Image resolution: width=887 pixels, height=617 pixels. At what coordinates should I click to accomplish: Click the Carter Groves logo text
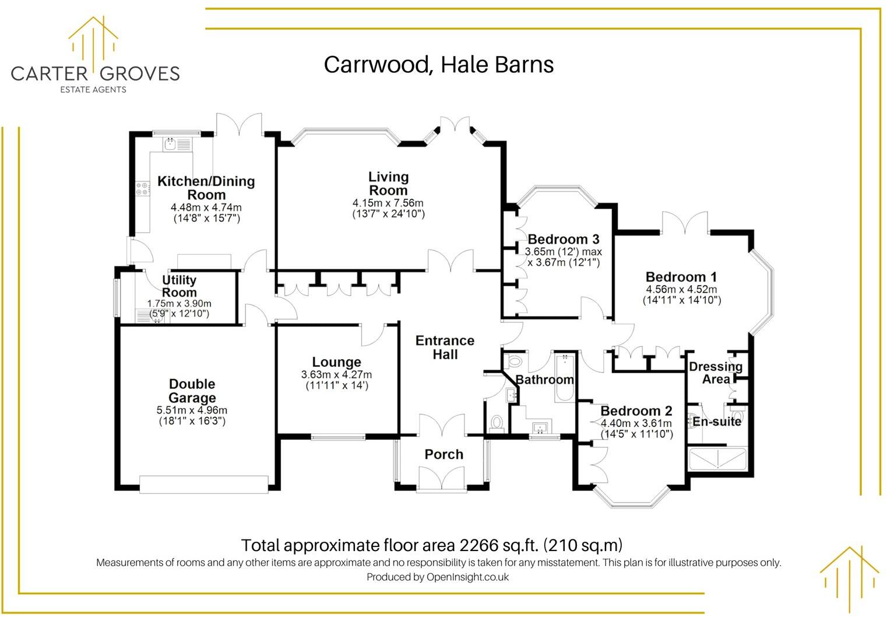tap(95, 73)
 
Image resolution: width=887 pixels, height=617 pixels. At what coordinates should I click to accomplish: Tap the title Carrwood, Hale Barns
tap(438, 64)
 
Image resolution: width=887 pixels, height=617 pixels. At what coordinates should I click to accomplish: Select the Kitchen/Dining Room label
tap(206, 188)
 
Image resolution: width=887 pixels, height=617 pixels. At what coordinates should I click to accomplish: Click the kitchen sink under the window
tap(171, 143)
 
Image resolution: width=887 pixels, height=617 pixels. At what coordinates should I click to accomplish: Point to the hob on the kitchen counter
tap(142, 188)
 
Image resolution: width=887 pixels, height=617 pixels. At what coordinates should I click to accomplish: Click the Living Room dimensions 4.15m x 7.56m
tap(388, 203)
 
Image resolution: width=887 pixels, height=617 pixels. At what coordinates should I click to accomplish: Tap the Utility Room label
tap(179, 286)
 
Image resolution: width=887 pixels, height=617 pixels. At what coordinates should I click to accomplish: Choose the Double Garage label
tap(192, 391)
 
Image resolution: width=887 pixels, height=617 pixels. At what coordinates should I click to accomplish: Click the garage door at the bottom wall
tap(204, 484)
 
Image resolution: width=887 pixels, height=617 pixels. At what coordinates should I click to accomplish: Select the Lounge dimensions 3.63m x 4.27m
tap(336, 374)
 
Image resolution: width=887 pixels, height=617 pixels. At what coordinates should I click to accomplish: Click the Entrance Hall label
tap(445, 348)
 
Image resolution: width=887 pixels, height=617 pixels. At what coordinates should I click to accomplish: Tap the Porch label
tap(443, 454)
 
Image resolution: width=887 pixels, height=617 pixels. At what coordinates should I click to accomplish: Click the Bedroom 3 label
tap(563, 239)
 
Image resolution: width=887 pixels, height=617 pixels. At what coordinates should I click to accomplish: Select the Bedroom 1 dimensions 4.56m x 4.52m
tap(681, 289)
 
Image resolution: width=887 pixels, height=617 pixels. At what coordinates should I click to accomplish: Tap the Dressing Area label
tap(716, 373)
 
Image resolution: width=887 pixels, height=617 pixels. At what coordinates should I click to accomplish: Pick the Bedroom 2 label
tap(636, 411)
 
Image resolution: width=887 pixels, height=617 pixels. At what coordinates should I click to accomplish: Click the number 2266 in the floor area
tap(480, 545)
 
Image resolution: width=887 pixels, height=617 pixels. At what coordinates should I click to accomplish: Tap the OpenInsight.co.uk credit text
tap(467, 577)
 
